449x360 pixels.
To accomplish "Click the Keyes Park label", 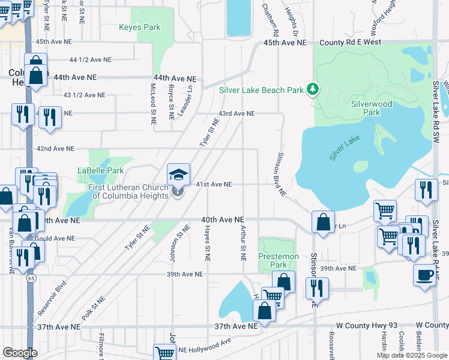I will coord(140,27).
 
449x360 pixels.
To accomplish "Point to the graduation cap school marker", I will coord(178,175).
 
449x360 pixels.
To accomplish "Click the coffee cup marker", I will coord(425,275).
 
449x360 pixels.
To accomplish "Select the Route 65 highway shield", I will coord(30,278).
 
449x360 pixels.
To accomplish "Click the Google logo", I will coord(20,352).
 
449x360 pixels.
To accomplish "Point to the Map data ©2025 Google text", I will coord(411,355).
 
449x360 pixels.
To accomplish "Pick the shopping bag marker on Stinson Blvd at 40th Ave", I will coord(324,221).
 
